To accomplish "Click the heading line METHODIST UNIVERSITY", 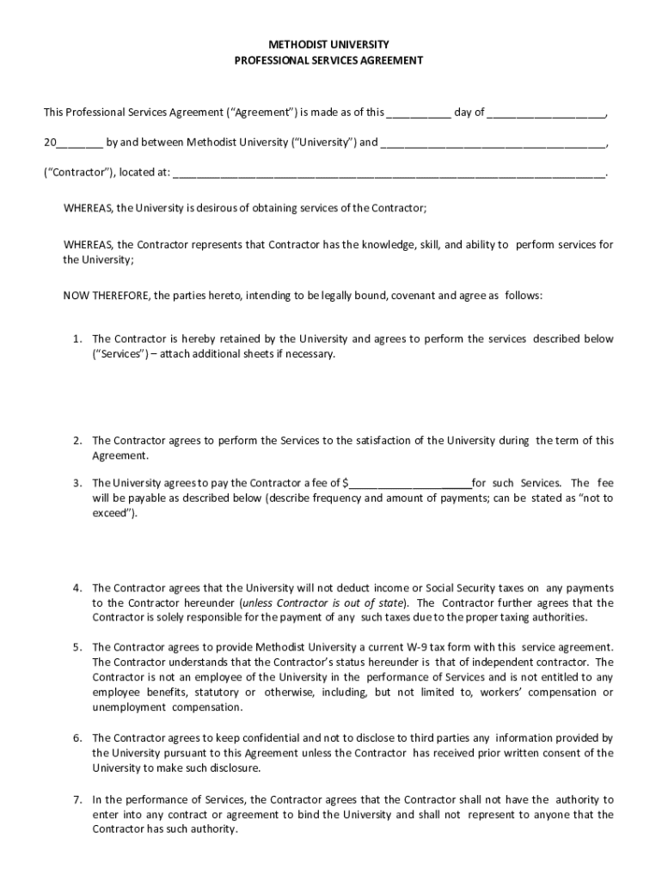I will coord(330,44).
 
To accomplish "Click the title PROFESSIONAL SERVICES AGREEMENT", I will coord(330,60).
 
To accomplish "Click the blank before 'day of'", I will coord(419,113).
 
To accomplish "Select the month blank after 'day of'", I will coord(547,113).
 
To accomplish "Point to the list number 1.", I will coord(77,339).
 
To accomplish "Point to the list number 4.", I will coord(77,588).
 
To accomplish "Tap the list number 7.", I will coord(77,799).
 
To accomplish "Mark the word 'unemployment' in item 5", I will coord(129,708).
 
